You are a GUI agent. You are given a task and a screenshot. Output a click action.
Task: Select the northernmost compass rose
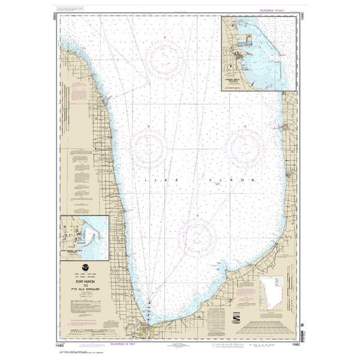pos(165,58)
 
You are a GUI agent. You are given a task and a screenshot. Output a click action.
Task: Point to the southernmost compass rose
pos(197,237)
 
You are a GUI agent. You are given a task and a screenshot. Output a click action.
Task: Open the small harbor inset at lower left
pos(85,238)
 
